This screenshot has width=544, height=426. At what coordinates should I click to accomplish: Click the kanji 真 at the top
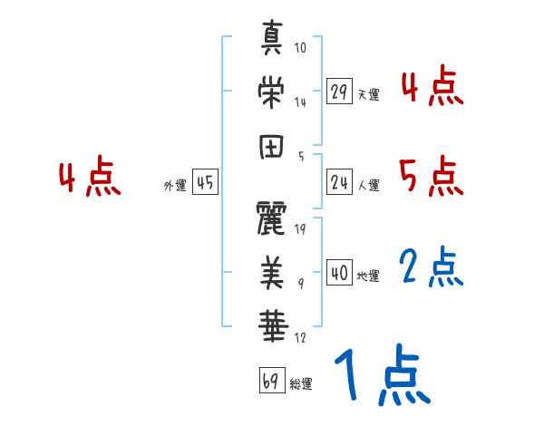pyautogui.click(x=272, y=39)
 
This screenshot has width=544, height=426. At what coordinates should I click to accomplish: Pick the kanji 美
pyautogui.click(x=272, y=268)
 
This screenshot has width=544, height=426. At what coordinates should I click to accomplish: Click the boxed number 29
pyautogui.click(x=340, y=92)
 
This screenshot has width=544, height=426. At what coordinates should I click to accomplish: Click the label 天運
pyautogui.click(x=368, y=94)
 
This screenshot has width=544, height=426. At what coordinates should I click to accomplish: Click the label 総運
pyautogui.click(x=301, y=383)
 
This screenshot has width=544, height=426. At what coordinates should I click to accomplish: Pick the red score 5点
pyautogui.click(x=432, y=176)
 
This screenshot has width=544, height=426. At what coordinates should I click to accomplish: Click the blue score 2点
pyautogui.click(x=432, y=267)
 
